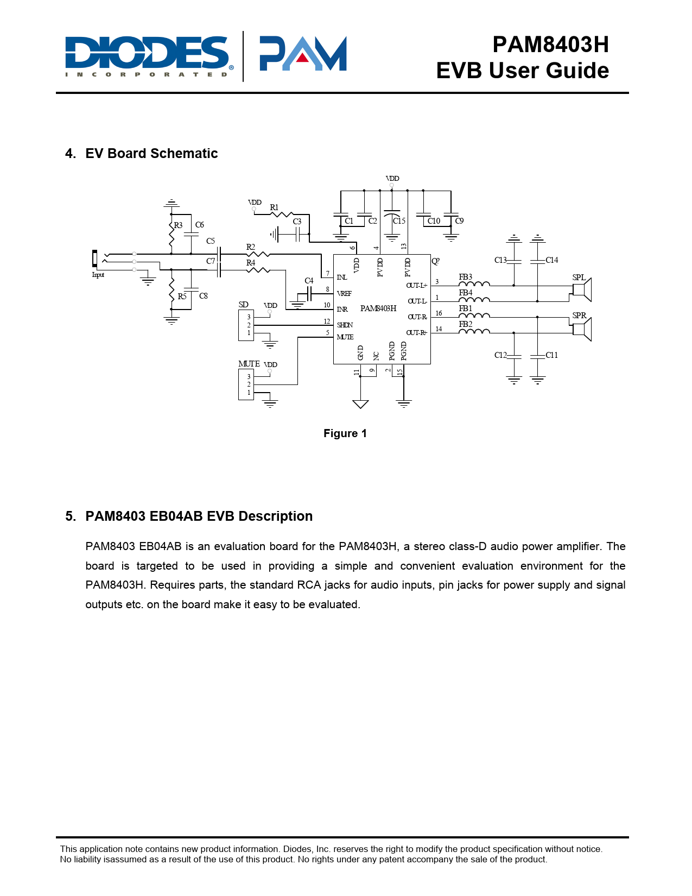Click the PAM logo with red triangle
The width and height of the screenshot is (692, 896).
coord(303,54)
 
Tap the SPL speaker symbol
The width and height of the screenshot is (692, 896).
coord(582,289)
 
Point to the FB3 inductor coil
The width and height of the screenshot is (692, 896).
coord(474,284)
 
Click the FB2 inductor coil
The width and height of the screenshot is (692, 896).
coord(474,331)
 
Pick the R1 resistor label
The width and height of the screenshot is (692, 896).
coord(274,207)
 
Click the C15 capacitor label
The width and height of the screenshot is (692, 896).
coord(399,221)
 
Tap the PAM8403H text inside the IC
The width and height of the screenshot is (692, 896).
coord(378,308)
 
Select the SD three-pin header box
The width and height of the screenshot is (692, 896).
coord(246,325)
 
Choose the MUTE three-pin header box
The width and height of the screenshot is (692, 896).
coord(246,384)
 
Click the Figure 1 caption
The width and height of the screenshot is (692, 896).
coord(345,433)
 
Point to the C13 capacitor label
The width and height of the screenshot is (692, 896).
coord(500,260)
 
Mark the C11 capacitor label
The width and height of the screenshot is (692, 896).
coord(552,355)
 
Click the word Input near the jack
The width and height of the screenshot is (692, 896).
coord(98,275)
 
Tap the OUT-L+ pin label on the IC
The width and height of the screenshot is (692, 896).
coord(416,286)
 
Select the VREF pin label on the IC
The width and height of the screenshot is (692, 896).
coord(344,293)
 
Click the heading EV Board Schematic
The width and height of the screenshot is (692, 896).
coord(151,154)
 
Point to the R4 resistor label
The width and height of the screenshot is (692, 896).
coord(251,263)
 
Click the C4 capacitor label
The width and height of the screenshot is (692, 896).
coord(309,281)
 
